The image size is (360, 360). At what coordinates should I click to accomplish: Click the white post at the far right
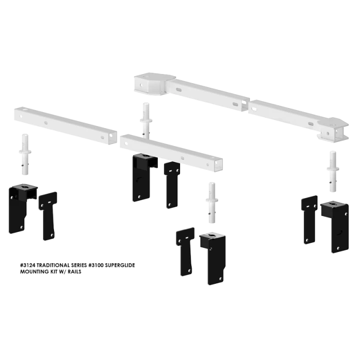333,170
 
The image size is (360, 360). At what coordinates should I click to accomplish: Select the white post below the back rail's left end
146,120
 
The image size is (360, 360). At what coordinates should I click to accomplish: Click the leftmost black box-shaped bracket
21,208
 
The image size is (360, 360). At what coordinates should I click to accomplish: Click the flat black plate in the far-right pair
310,218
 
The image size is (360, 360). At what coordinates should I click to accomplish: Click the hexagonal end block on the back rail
148,82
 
